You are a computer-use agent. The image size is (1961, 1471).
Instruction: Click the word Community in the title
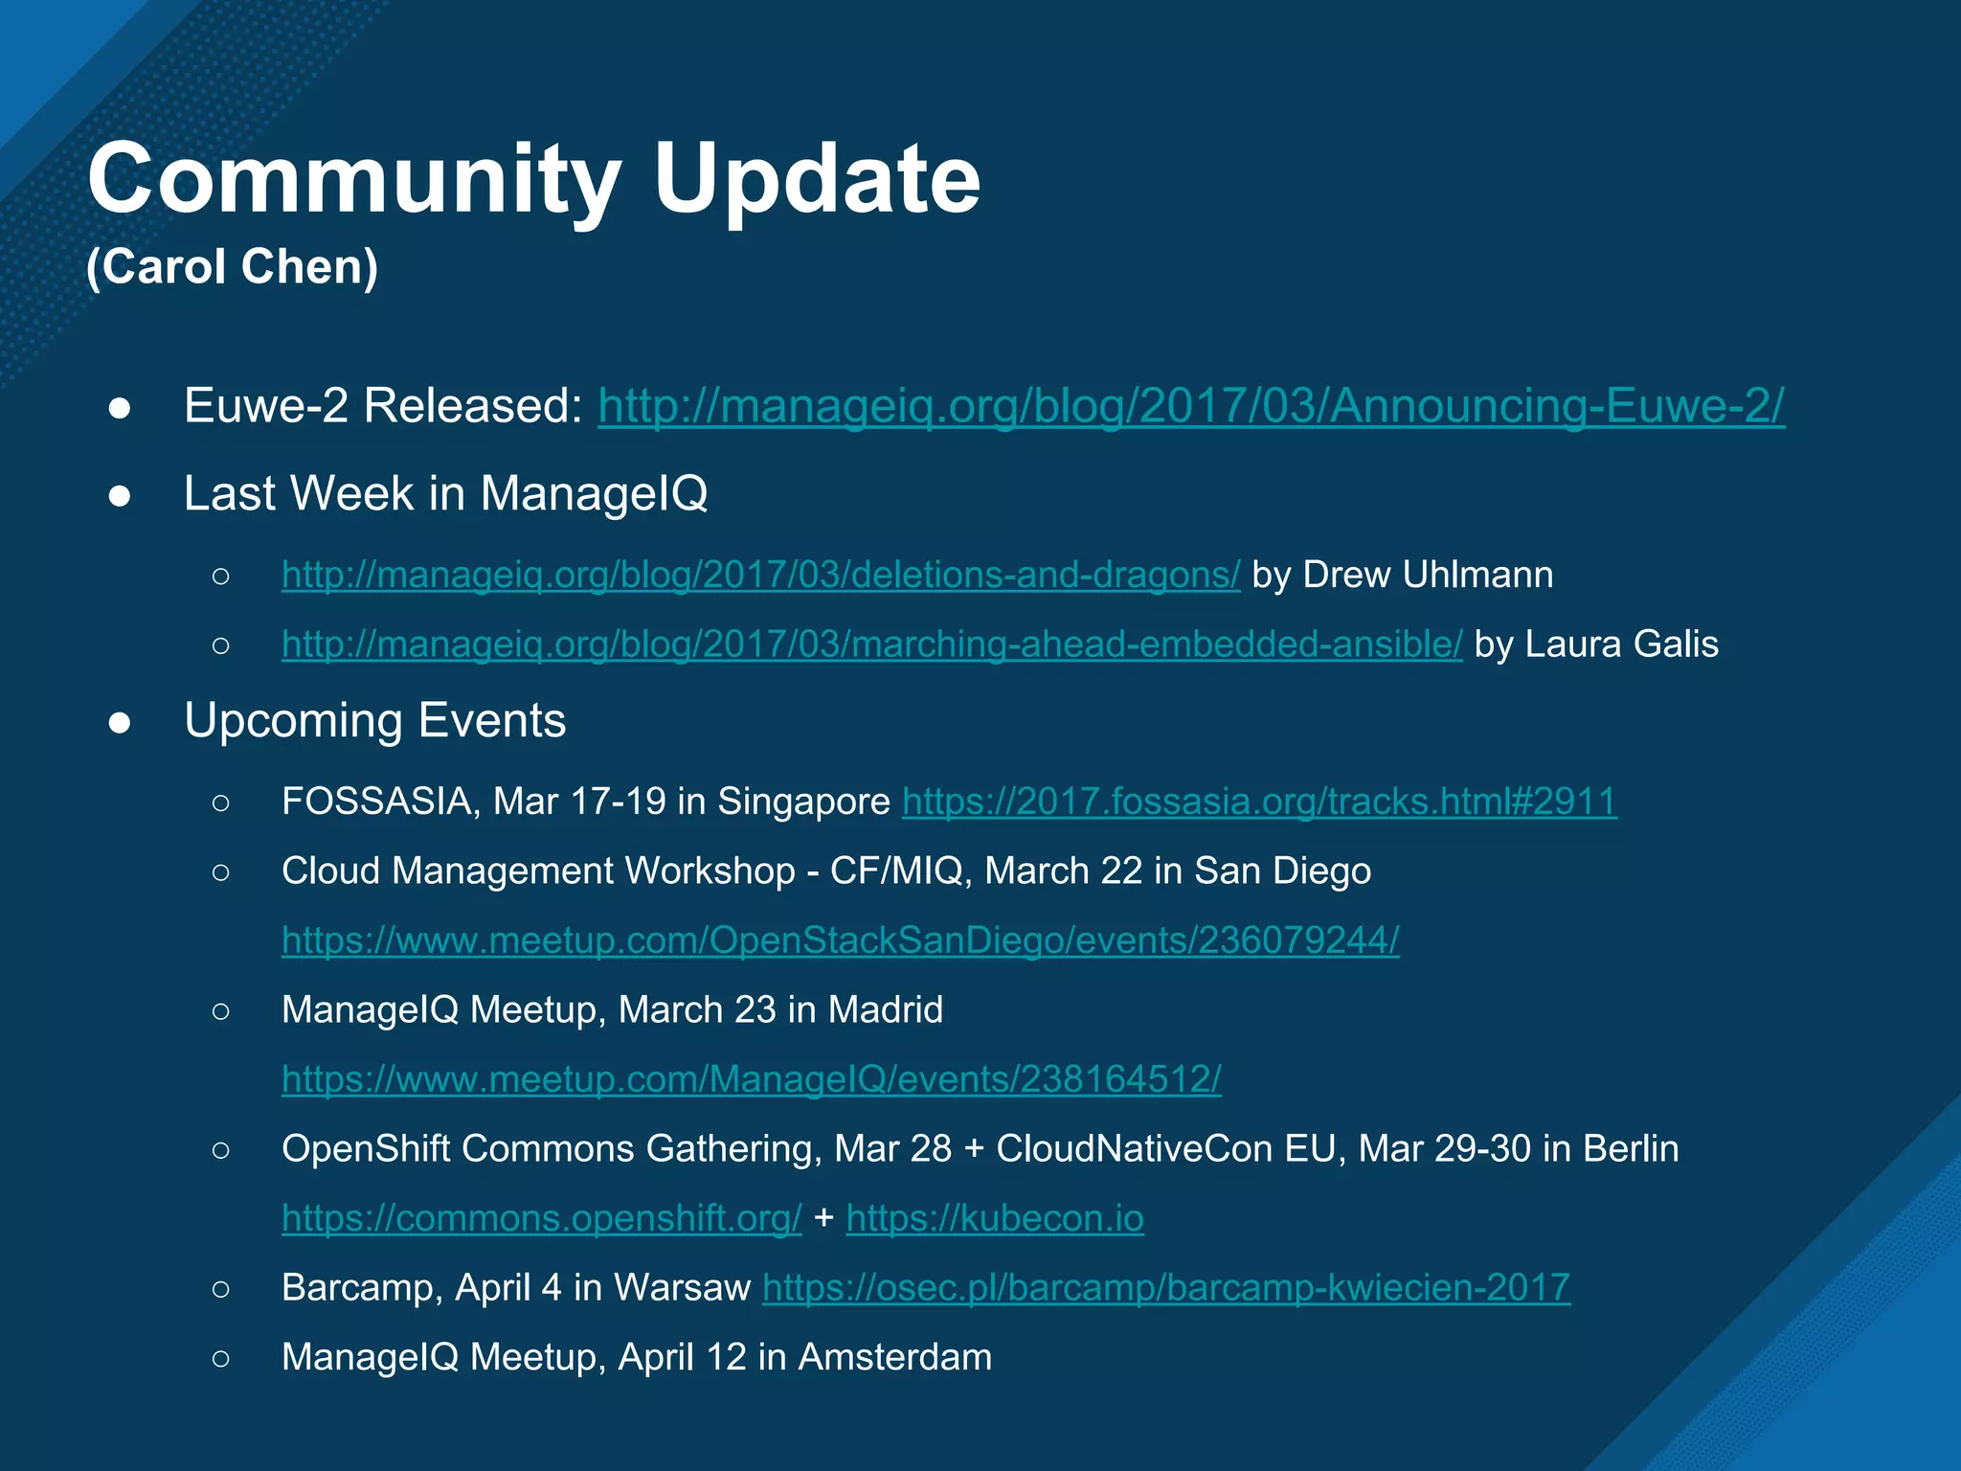[x=354, y=180]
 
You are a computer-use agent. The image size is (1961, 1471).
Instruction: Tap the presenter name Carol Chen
[x=233, y=266]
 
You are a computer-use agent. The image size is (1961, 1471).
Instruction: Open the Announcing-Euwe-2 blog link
[x=1190, y=405]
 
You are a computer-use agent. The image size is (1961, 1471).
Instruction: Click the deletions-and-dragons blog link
[x=760, y=575]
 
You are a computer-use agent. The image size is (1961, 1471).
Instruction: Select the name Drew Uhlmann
[x=1428, y=575]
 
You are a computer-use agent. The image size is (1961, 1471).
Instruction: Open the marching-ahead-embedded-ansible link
[x=871, y=645]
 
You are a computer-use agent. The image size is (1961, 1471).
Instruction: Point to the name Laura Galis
[x=1621, y=645]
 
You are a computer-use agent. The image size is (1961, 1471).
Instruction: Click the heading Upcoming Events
[x=374, y=720]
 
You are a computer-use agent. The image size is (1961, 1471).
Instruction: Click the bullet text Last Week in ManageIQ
[x=445, y=493]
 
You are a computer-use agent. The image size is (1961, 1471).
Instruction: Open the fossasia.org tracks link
[x=1259, y=802]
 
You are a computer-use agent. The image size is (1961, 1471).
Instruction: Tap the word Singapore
[x=803, y=802]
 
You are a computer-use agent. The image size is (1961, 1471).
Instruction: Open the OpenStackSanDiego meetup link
[x=840, y=940]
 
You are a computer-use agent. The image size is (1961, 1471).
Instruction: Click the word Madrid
[x=885, y=1009]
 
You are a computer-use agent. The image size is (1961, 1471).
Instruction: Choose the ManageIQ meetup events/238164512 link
[x=751, y=1079]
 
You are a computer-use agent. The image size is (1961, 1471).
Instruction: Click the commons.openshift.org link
[x=541, y=1218]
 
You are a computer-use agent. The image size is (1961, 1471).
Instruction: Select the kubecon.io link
[x=994, y=1218]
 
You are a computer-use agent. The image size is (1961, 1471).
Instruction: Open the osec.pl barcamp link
[x=1165, y=1288]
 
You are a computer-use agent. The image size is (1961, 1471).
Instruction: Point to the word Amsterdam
[x=894, y=1357]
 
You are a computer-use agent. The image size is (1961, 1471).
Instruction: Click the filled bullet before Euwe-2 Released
[x=120, y=408]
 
